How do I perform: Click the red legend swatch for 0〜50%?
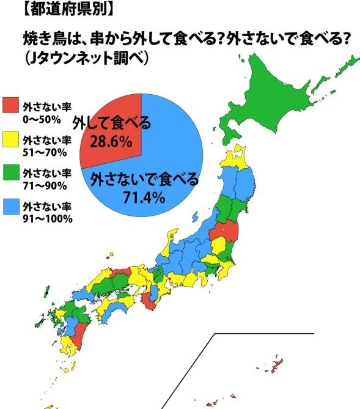point(11,106)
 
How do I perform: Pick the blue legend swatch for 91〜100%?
point(11,210)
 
